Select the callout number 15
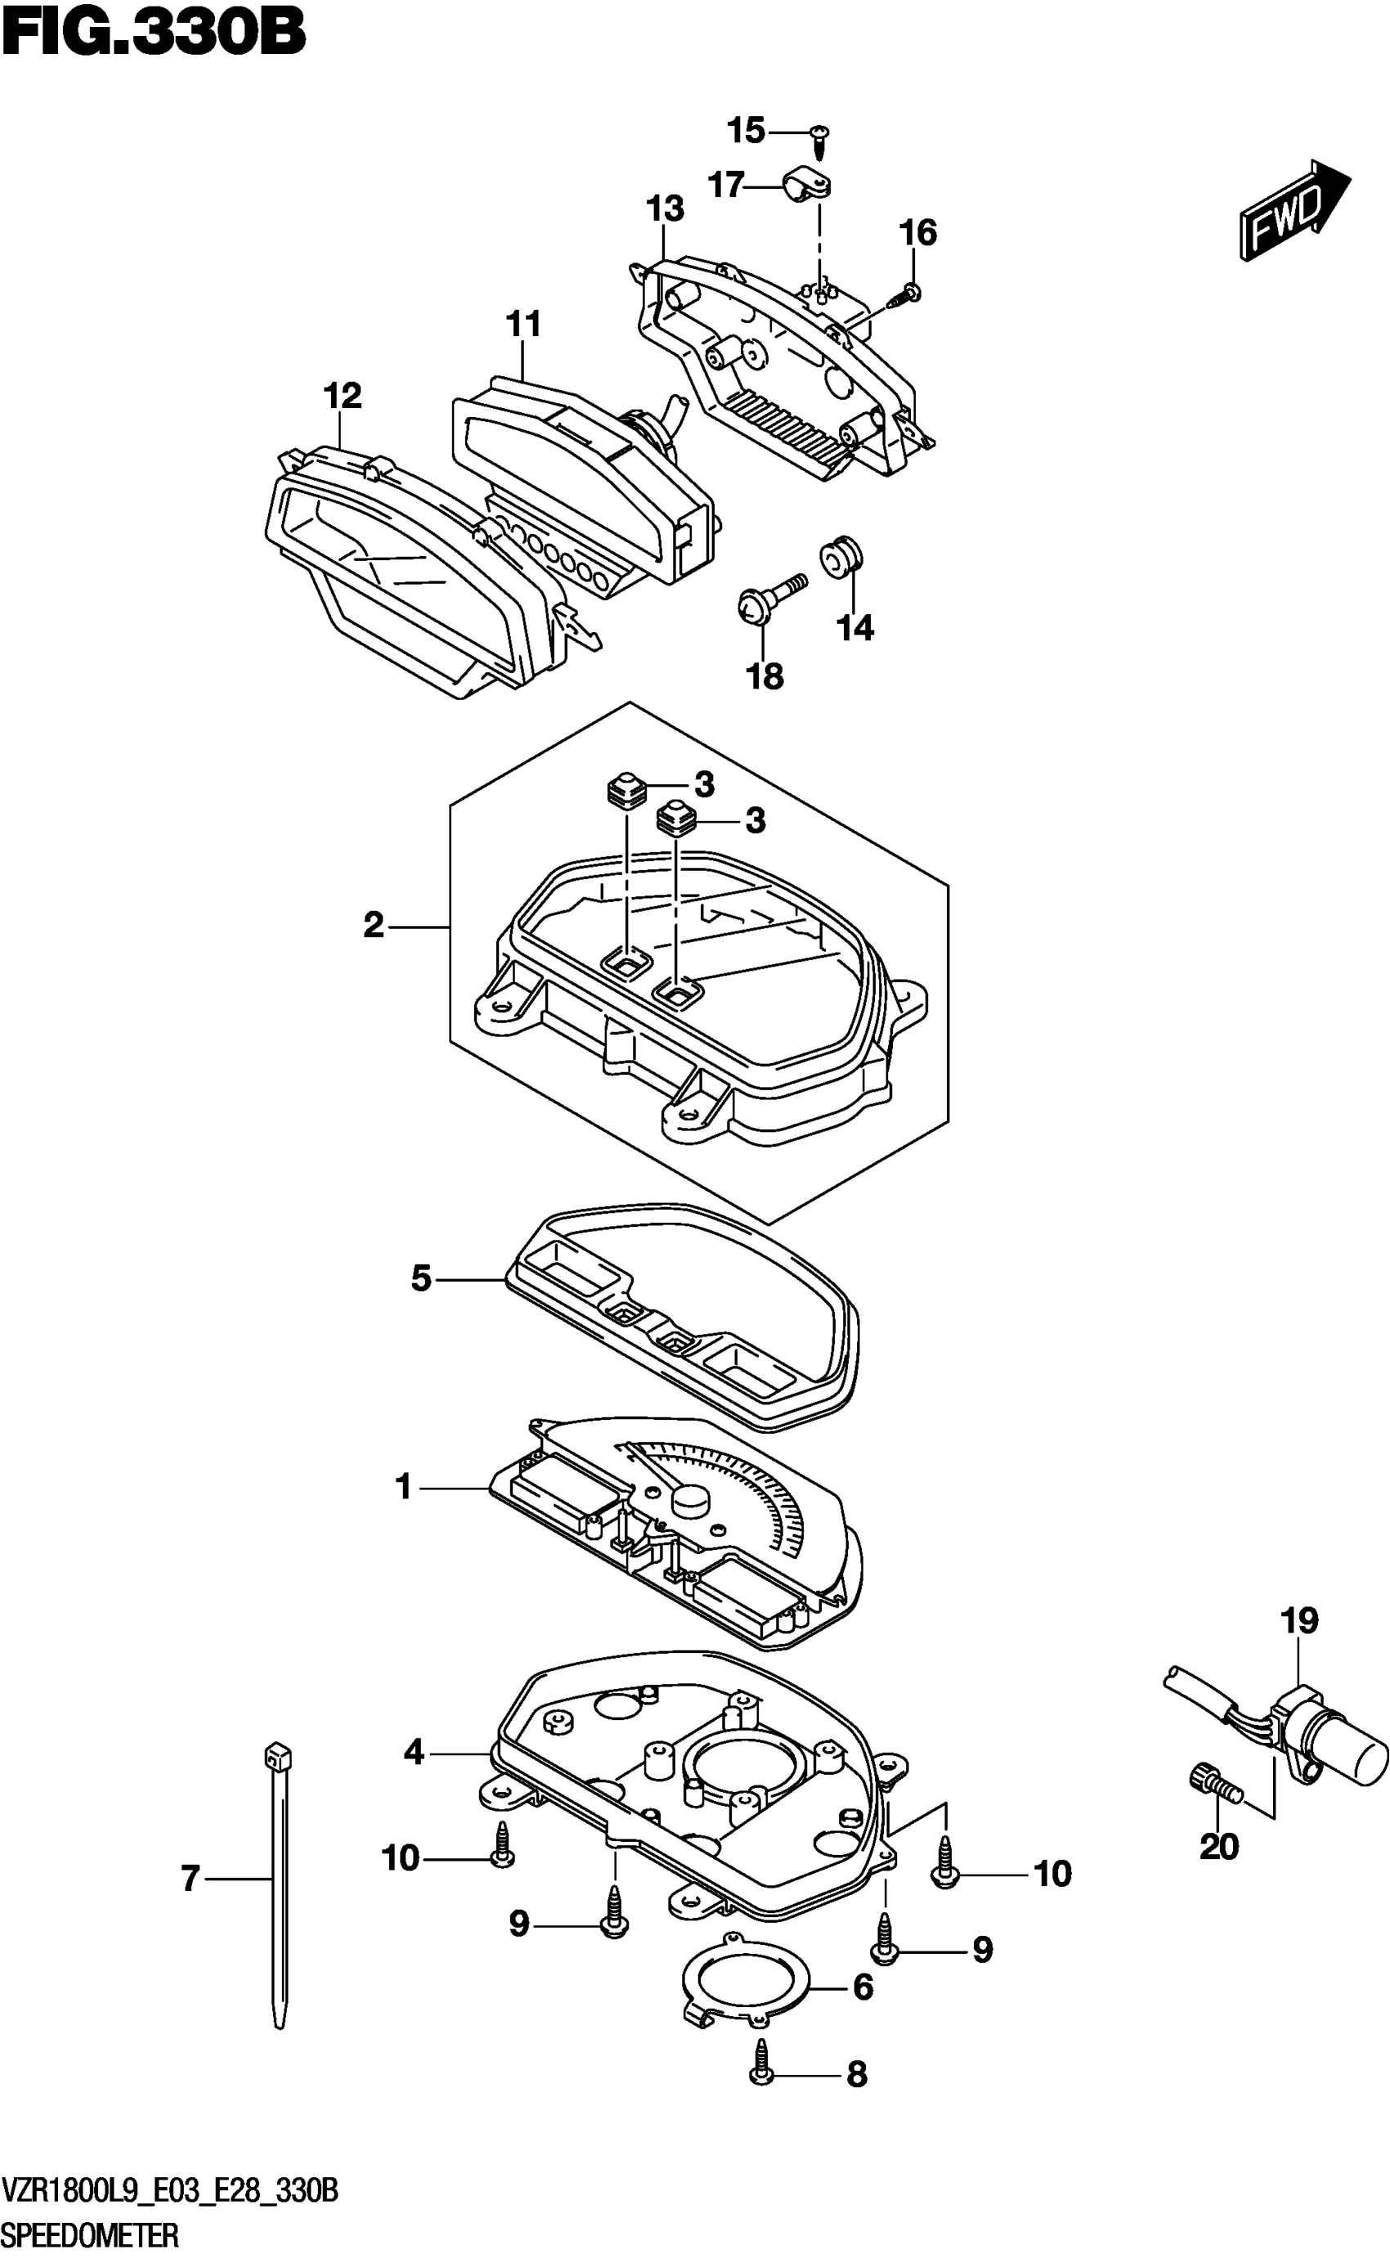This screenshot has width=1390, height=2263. pos(746,131)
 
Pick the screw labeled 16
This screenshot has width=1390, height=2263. pos(908,295)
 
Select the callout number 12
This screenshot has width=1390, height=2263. pos(342,397)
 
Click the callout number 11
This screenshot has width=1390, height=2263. pos(523,324)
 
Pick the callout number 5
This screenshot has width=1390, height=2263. pos(421,1278)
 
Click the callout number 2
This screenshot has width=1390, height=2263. pos(373,925)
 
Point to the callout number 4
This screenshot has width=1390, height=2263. pos(414,1753)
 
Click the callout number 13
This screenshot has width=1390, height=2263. pos(665,209)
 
